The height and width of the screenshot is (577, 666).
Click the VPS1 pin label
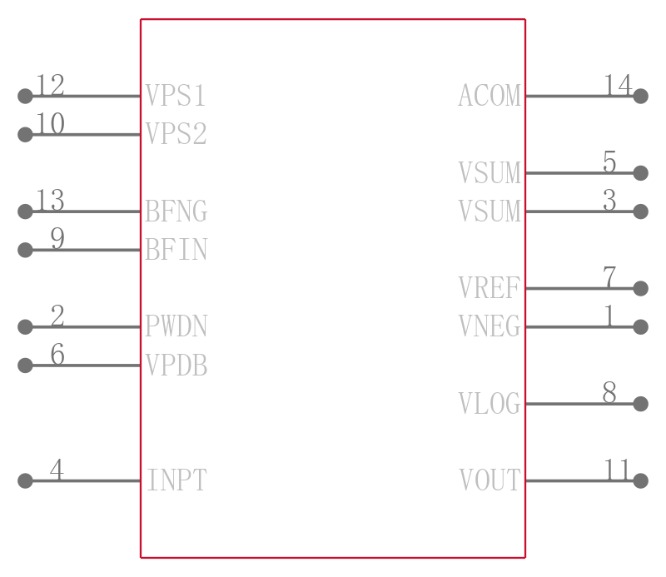pos(176,95)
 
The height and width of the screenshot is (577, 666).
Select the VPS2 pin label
pos(176,133)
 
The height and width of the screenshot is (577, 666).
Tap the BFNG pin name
pos(176,211)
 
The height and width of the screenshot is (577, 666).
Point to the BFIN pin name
pos(176,249)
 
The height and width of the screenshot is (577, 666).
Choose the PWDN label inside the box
pos(176,326)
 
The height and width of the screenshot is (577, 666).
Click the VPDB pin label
pos(176,365)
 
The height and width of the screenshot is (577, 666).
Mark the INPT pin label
pos(176,480)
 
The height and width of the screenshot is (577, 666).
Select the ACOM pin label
pos(490,95)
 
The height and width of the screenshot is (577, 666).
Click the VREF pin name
pos(490,287)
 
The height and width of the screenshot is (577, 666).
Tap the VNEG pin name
pos(490,326)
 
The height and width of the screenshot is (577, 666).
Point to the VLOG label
pos(490,403)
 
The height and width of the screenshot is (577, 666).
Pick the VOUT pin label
pos(490,480)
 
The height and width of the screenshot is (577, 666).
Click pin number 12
pos(50,85)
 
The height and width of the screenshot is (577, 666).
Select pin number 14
pos(618,85)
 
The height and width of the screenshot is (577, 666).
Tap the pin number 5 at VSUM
pos(609,162)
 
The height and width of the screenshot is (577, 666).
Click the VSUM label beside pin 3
pos(490,211)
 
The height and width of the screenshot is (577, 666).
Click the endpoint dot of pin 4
pos(25,480)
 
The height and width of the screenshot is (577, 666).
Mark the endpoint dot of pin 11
pos(640,480)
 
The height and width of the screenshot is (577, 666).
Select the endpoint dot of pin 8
pos(640,404)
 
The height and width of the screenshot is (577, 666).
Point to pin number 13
pos(50,200)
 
